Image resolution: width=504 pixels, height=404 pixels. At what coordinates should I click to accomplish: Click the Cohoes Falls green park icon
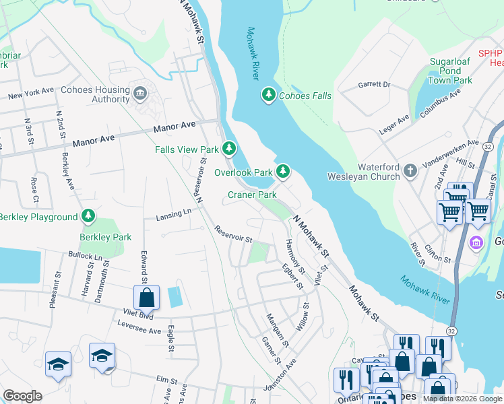(269, 96)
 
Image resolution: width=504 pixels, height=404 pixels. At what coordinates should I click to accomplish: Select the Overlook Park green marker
(284, 172)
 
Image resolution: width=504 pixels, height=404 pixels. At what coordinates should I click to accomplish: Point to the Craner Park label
(253, 195)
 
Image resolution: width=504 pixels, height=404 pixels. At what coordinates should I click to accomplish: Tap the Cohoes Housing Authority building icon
(140, 92)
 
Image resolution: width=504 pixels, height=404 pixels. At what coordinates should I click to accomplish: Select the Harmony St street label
(294, 256)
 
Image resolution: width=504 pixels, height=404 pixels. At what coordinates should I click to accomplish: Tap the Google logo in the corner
(22, 396)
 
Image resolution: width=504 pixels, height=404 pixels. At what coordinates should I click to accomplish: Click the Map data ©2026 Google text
(462, 399)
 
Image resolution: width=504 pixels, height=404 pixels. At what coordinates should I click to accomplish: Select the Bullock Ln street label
(85, 257)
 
